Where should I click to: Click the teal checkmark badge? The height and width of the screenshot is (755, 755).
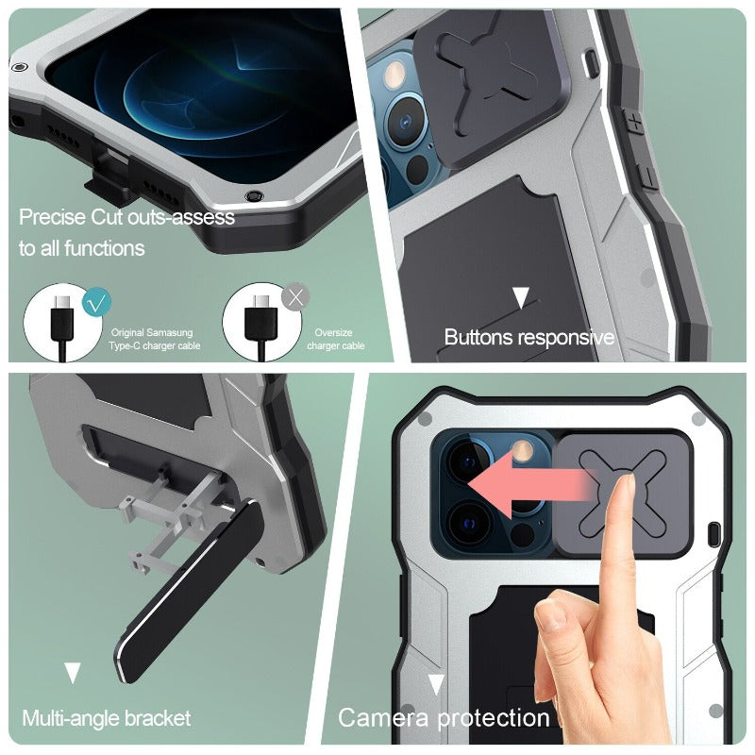pyautogui.click(x=96, y=302)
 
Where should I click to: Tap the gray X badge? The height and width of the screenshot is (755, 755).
pyautogui.click(x=295, y=297)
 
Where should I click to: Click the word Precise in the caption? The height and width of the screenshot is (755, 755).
pyautogui.click(x=53, y=217)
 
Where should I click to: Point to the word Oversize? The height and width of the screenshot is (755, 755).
pyautogui.click(x=333, y=333)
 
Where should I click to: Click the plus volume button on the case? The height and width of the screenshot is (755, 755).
pyautogui.click(x=634, y=124)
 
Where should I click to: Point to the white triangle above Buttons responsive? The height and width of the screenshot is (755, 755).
pyautogui.click(x=521, y=297)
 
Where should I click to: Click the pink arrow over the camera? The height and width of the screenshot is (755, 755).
pyautogui.click(x=528, y=484)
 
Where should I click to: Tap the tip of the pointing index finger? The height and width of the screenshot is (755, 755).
pyautogui.click(x=627, y=478)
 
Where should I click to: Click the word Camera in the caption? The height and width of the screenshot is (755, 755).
pyautogui.click(x=383, y=718)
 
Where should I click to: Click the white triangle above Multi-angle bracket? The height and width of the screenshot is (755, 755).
pyautogui.click(x=73, y=673)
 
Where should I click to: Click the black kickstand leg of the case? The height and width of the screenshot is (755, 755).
pyautogui.click(x=191, y=593)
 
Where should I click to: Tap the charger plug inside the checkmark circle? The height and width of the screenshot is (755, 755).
pyautogui.click(x=62, y=318)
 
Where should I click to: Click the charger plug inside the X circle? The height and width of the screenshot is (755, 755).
pyautogui.click(x=261, y=318)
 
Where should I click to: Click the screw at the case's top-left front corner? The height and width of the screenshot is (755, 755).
pyautogui.click(x=19, y=67)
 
